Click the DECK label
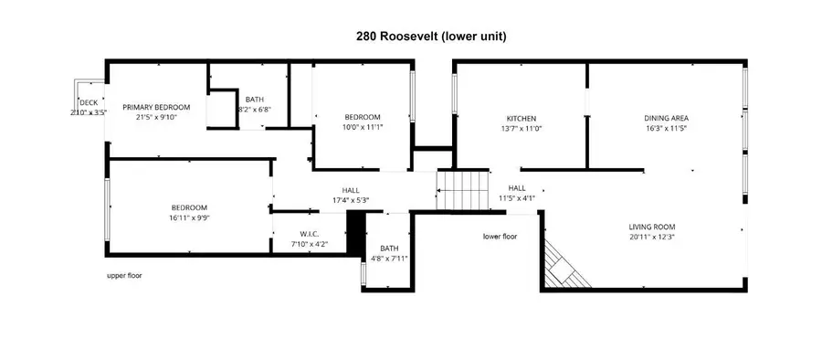89,102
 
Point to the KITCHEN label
521,118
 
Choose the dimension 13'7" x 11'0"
521,128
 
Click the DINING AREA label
666,118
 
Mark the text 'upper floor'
124,275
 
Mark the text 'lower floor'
500,236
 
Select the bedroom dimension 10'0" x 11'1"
363,127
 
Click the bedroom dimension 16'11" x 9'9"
188,218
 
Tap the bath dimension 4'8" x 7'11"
389,259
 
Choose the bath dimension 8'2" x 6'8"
255,110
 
